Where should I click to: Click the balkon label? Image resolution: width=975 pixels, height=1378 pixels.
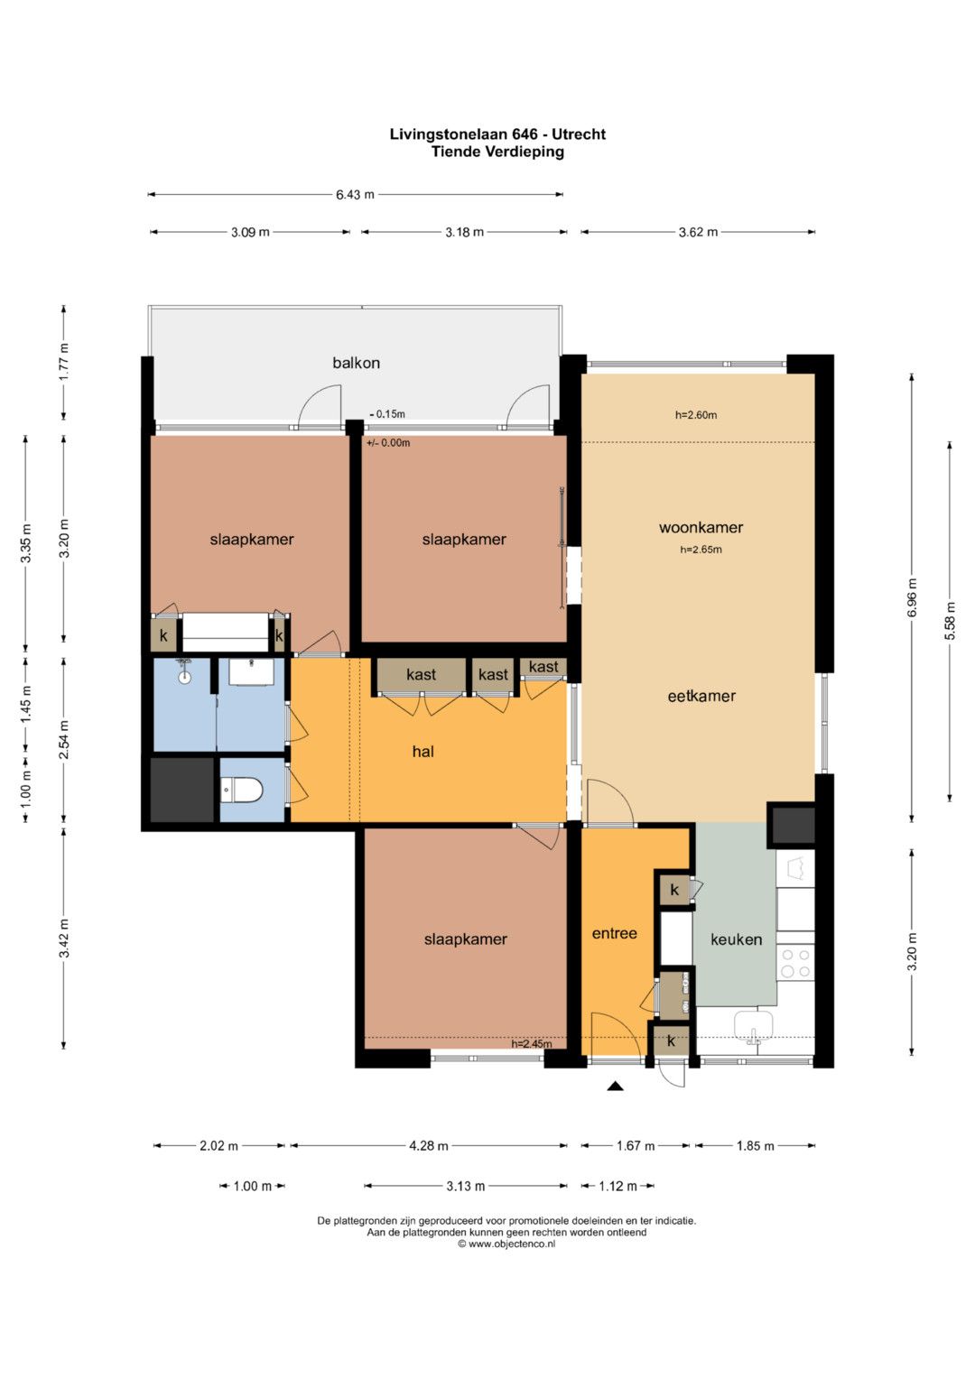(x=356, y=363)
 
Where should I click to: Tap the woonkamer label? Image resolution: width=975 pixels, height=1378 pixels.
(x=701, y=527)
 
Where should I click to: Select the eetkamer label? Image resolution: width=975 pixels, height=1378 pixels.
(x=701, y=696)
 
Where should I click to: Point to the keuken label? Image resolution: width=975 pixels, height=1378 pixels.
(x=736, y=939)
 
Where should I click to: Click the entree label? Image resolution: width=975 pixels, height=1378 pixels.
(x=614, y=933)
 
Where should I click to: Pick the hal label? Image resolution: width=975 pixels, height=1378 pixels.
(x=422, y=751)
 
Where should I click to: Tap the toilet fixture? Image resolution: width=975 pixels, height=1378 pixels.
(x=242, y=790)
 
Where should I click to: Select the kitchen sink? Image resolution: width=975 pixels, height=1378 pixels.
(x=754, y=1027)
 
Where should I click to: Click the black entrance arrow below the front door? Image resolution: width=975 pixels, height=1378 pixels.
(x=615, y=1087)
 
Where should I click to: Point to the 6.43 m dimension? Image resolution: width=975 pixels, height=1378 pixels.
(x=355, y=194)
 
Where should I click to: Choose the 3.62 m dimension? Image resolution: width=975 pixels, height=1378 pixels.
(x=698, y=232)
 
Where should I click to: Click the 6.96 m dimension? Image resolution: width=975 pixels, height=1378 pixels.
(x=912, y=597)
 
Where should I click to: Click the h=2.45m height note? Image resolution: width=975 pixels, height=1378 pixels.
(x=531, y=1044)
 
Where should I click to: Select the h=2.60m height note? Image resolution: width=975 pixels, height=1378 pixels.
(x=695, y=414)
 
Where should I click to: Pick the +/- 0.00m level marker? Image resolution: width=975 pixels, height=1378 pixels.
(x=388, y=443)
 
